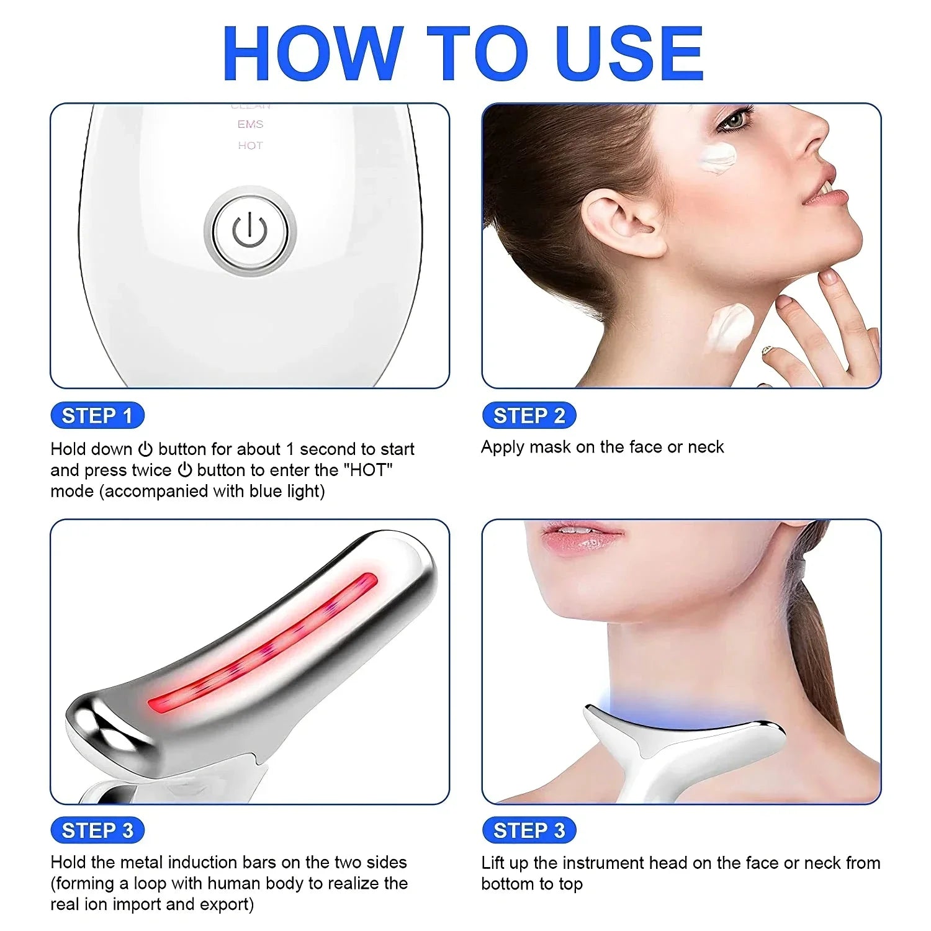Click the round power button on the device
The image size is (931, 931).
(x=250, y=231)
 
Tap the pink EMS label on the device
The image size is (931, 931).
(x=250, y=124)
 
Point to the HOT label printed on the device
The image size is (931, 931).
(x=250, y=145)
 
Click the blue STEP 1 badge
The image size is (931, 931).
(x=97, y=415)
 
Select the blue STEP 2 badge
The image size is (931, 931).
(x=529, y=415)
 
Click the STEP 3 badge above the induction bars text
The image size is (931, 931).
(x=97, y=830)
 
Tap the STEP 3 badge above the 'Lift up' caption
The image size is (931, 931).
(x=529, y=830)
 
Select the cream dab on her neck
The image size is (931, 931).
(x=731, y=328)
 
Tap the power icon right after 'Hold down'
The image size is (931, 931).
(x=145, y=449)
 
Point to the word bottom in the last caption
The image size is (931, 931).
(x=508, y=884)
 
